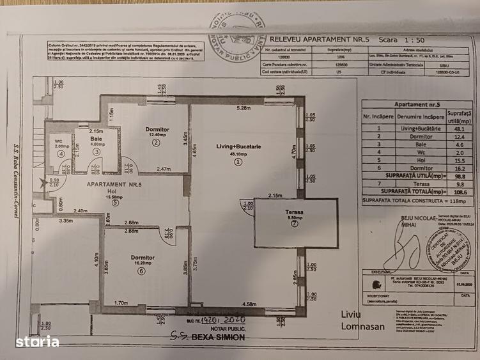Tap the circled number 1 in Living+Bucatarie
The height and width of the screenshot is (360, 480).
pyautogui.click(x=238, y=162)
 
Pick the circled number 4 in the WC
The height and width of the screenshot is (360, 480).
pyautogui.click(x=61, y=153)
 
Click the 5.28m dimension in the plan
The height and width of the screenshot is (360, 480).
pyautogui.click(x=244, y=108)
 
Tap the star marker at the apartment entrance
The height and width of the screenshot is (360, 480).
pyautogui.click(x=43, y=184)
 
